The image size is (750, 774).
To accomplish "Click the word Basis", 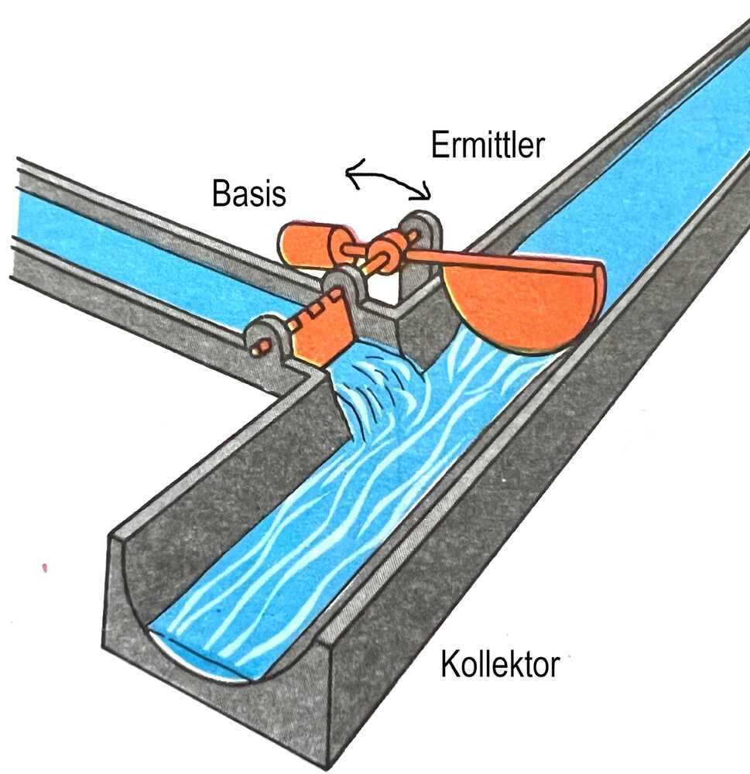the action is (249, 193).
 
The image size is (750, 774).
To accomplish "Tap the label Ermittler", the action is (488, 145).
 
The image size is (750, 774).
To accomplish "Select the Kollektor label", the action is (500, 664).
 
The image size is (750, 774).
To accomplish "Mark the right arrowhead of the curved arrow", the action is (425, 193).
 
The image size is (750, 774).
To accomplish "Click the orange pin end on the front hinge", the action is (261, 347).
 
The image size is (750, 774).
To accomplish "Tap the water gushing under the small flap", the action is (375, 390).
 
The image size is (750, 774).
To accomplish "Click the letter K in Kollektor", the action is (450, 664).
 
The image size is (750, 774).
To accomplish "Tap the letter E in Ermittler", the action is (439, 145).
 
